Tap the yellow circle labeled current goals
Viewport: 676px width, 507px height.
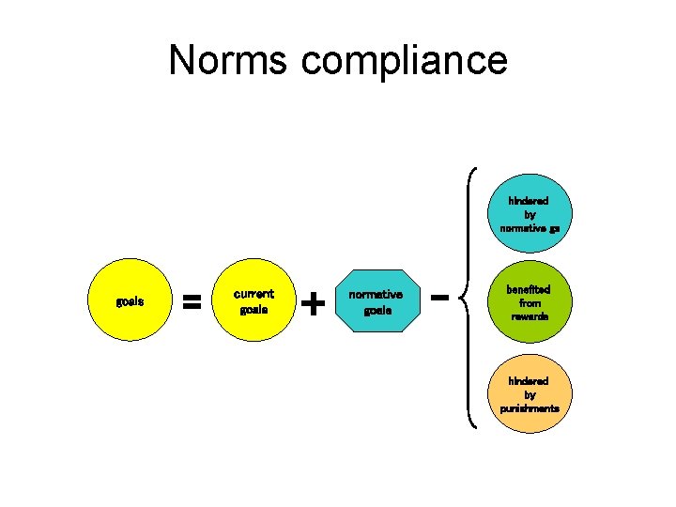[x=253, y=301]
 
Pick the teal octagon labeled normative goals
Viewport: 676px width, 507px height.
[x=376, y=301]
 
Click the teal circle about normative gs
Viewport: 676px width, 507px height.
[x=530, y=215]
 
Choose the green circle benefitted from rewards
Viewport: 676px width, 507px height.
[x=530, y=303]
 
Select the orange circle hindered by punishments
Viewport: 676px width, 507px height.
[x=530, y=395]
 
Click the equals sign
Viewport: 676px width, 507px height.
[x=192, y=302]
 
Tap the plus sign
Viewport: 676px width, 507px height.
[x=315, y=302]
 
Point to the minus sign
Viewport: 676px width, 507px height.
[x=438, y=297]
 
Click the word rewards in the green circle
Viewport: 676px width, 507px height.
[x=530, y=316]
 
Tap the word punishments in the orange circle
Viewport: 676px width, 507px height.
[x=530, y=408]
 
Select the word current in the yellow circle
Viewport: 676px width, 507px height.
[x=253, y=294]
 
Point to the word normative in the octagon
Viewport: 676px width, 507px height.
[x=376, y=295]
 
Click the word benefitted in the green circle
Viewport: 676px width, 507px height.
[x=530, y=290]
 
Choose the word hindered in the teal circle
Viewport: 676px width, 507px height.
[x=530, y=201]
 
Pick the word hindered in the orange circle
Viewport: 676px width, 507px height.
[x=530, y=381]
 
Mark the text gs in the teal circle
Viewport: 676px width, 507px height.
[x=555, y=228]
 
